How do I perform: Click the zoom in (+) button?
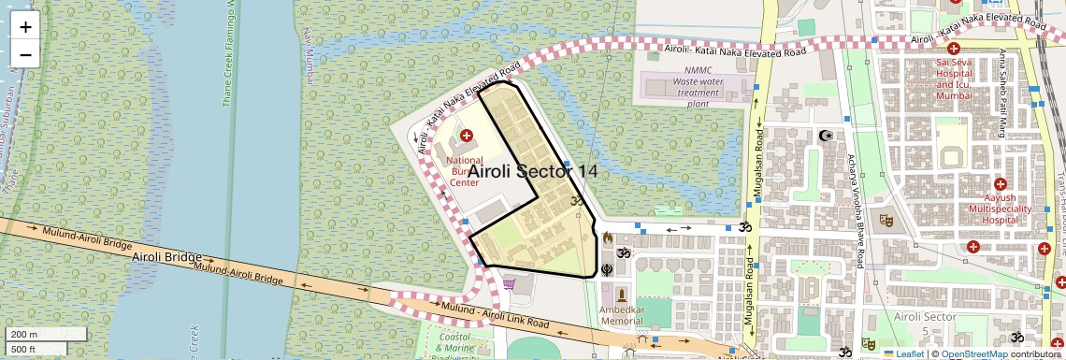[x=25, y=27]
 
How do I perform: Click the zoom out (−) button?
[x=25, y=54]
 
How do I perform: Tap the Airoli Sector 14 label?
[x=532, y=171]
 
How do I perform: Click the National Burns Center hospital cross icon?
[x=467, y=137]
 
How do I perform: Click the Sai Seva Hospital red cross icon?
[x=954, y=49]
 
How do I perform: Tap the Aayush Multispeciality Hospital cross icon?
[x=1000, y=184]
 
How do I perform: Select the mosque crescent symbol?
[x=825, y=137]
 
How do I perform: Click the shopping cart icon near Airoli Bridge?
[x=510, y=283]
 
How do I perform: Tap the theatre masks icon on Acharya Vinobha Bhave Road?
[x=886, y=222]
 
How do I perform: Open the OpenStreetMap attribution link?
[x=974, y=353]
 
